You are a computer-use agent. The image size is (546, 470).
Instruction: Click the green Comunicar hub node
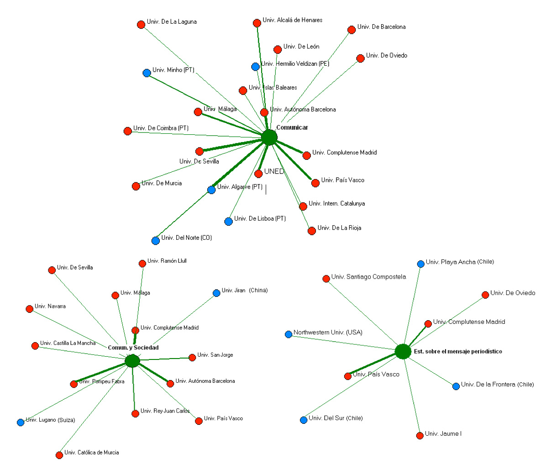[x=269, y=137]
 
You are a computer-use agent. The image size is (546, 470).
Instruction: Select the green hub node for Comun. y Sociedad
[x=132, y=361]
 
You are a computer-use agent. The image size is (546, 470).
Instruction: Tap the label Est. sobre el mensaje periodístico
[x=457, y=352]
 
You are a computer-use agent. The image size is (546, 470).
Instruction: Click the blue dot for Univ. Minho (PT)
[x=147, y=73]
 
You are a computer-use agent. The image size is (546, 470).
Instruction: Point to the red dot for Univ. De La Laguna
[x=141, y=25]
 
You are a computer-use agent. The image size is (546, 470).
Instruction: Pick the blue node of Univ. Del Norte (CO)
[x=156, y=240]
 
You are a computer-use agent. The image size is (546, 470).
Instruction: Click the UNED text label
[x=274, y=172]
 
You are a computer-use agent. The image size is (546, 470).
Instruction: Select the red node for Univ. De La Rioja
[x=312, y=231]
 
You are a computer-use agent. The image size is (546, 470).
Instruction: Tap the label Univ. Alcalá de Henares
[x=293, y=20]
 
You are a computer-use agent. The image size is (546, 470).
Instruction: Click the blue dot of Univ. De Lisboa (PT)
[x=229, y=222]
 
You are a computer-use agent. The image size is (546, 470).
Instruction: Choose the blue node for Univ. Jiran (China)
[x=216, y=293]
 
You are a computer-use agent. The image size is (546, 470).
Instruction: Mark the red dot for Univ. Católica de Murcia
[x=59, y=455]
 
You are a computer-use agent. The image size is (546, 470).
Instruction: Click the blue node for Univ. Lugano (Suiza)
[x=21, y=422]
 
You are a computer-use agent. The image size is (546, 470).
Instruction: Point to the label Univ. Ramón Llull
[x=167, y=261]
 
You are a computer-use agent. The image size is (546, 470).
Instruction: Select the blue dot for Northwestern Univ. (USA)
[x=289, y=334]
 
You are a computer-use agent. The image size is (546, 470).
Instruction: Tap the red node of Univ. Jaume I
[x=420, y=435]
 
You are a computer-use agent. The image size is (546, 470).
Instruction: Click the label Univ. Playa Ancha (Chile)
[x=460, y=262]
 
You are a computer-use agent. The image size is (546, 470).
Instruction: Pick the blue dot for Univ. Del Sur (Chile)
[x=304, y=420]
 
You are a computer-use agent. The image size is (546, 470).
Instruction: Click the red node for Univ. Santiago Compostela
[x=326, y=279]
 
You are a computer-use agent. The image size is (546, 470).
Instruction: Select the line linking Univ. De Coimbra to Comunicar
[x=196, y=134]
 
